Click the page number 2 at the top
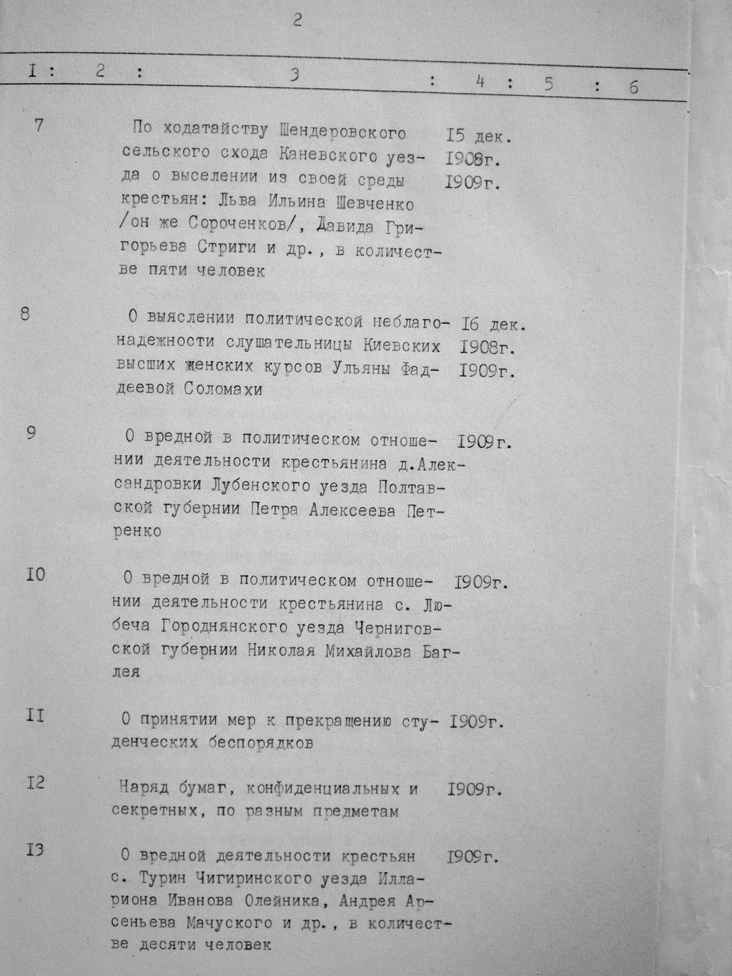pyautogui.click(x=297, y=20)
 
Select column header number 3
pyautogui.click(x=294, y=75)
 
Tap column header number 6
pyautogui.click(x=633, y=87)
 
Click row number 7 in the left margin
pyautogui.click(x=39, y=124)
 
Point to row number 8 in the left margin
pyautogui.click(x=25, y=314)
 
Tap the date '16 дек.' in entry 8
pyautogui.click(x=494, y=325)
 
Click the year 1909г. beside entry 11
pyautogui.click(x=477, y=721)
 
